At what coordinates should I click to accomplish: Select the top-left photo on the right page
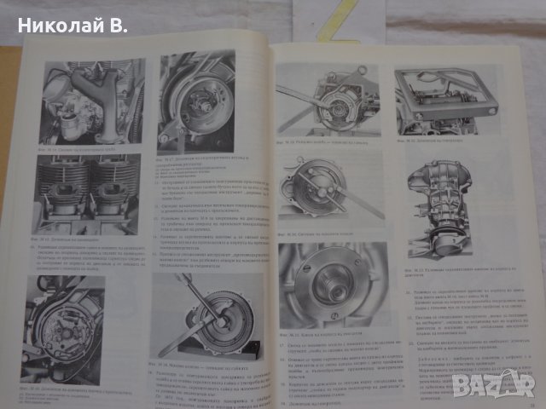(x=320, y=102)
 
